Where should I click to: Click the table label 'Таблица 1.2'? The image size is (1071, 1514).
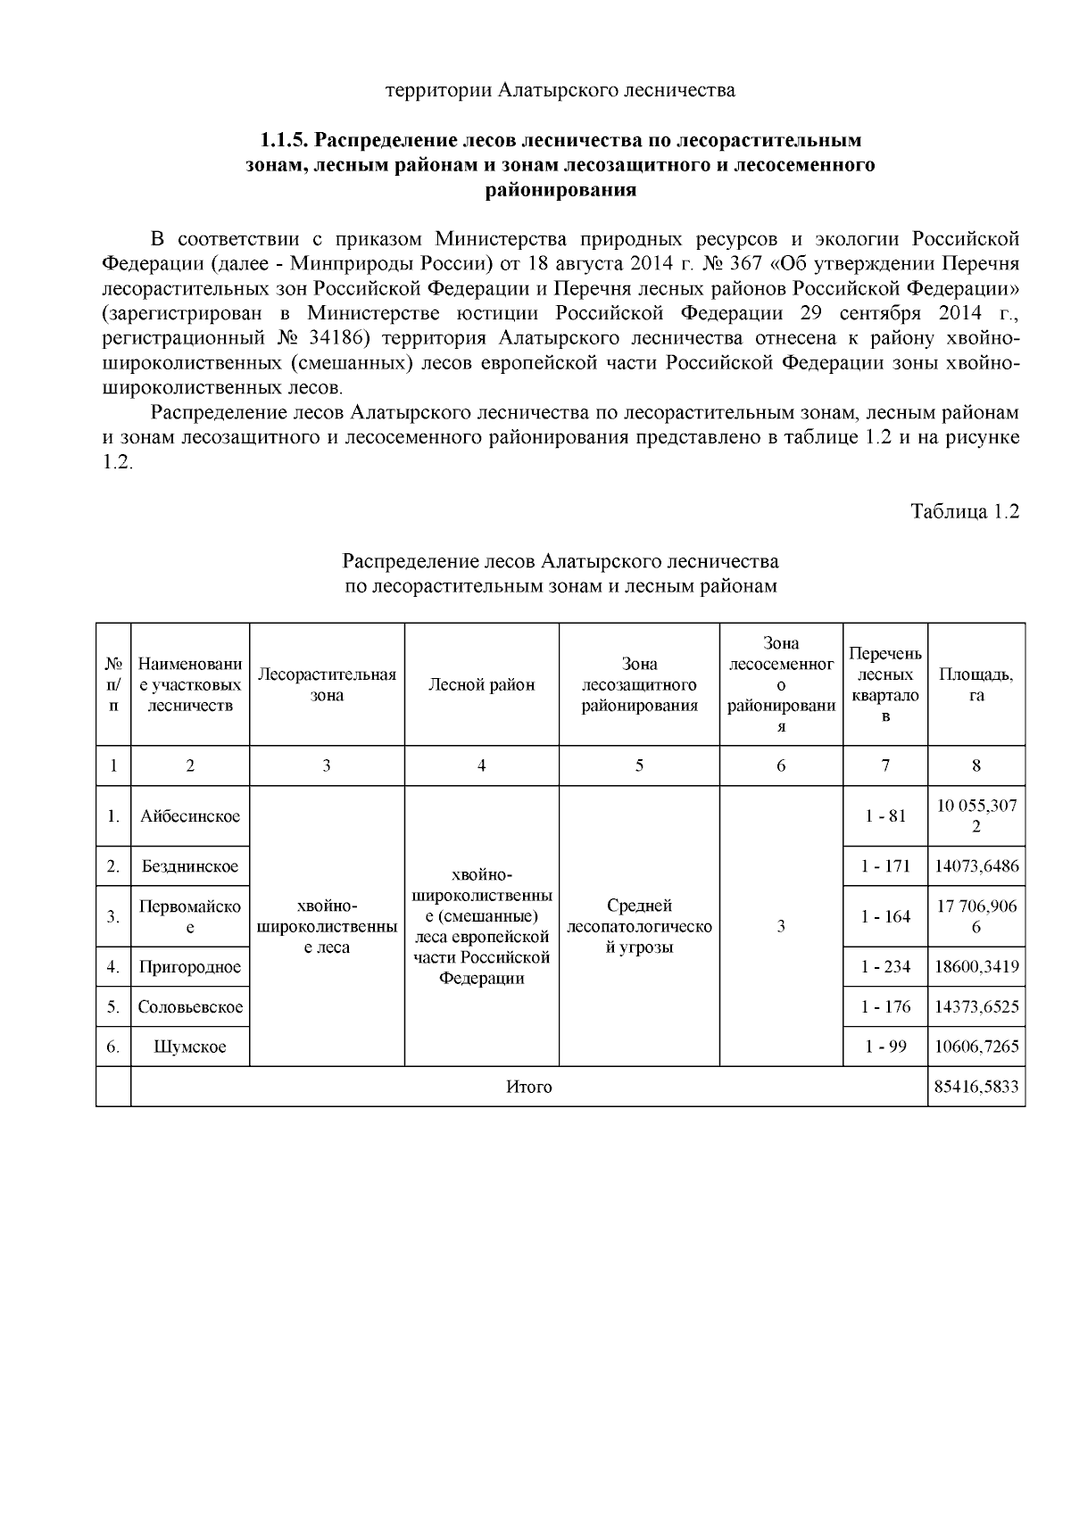coord(964,512)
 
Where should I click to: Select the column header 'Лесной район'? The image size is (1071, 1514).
coord(481,685)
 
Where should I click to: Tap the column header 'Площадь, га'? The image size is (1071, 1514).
coord(976,685)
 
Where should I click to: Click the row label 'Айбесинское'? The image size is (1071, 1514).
coord(190,816)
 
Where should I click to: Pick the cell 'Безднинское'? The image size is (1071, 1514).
coord(190,866)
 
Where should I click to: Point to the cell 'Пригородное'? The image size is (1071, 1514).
coord(190,967)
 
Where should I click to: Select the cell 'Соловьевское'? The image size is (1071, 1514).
coord(190,1007)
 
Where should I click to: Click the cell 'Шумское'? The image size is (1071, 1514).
coord(190,1047)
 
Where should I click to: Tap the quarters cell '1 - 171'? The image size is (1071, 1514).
coord(885,866)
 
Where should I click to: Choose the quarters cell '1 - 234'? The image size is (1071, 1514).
coord(885,967)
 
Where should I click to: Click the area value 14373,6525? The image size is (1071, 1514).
coord(976,1007)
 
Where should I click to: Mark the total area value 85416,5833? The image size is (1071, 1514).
coord(976,1088)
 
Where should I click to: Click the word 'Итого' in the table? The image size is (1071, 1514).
coord(529,1088)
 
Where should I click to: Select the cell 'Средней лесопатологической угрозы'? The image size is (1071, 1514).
coord(639,927)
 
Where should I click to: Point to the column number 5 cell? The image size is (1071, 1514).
coord(639,765)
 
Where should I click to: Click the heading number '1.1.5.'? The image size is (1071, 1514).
coord(284,141)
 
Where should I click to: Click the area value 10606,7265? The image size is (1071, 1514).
coord(976,1047)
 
